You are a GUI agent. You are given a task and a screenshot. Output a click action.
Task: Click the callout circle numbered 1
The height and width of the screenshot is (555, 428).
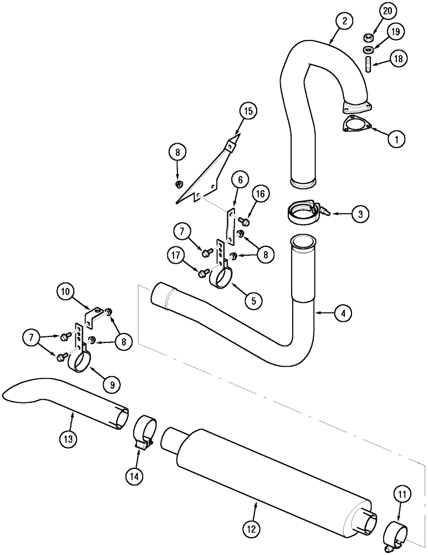pyautogui.click(x=396, y=139)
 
